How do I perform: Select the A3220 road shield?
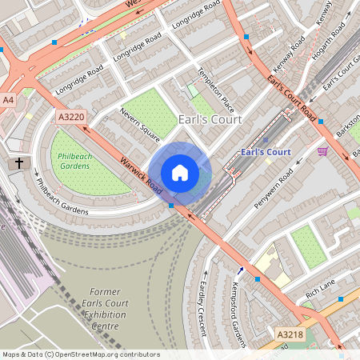point(70,117)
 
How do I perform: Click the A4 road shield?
point(8,100)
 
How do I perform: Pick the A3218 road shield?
point(291,334)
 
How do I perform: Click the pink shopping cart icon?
point(322,151)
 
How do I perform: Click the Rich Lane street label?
point(320,288)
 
